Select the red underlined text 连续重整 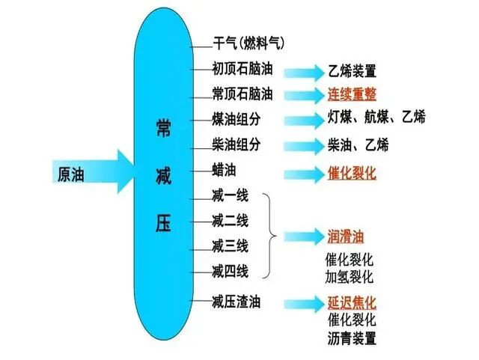click(352, 95)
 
